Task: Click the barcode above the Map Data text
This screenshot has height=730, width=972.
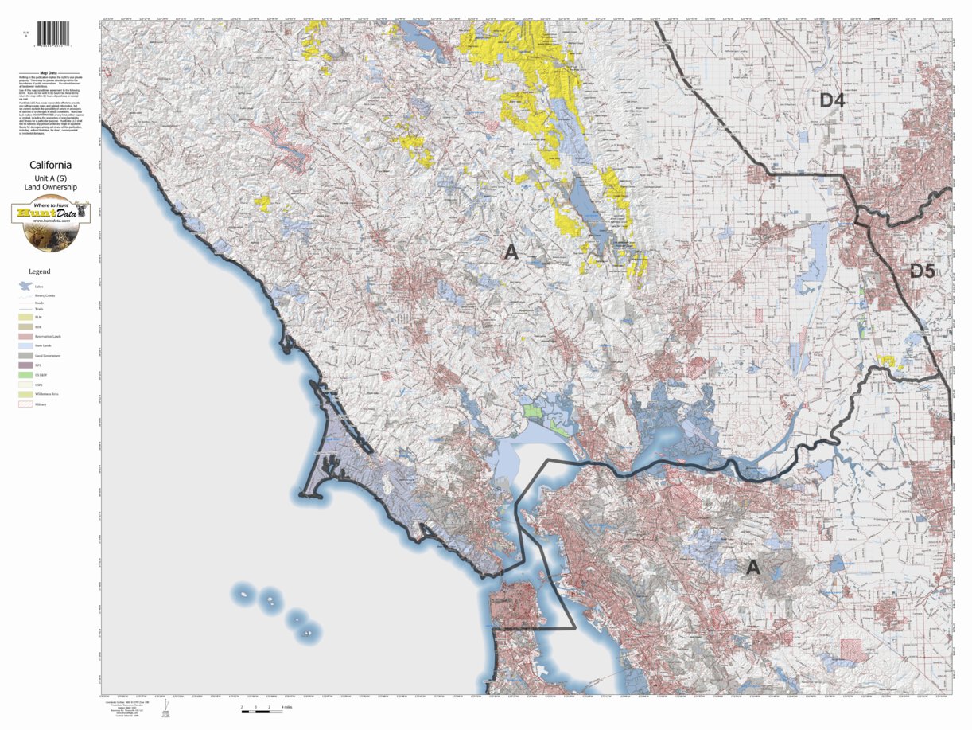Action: click(52, 33)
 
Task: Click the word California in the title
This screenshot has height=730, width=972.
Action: click(50, 166)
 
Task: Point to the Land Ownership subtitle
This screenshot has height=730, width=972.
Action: click(50, 187)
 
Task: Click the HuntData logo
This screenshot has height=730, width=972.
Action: click(51, 222)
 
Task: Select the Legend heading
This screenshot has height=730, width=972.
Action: click(39, 271)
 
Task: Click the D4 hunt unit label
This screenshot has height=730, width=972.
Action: click(833, 101)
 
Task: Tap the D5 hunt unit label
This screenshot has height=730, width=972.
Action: click(922, 271)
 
